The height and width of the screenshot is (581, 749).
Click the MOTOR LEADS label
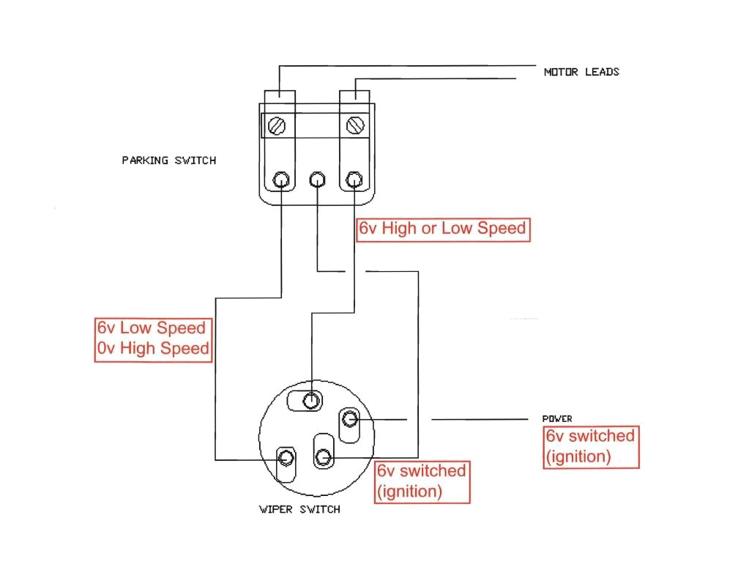pyautogui.click(x=581, y=72)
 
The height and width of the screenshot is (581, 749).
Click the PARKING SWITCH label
pyautogui.click(x=168, y=160)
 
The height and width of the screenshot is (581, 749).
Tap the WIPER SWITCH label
pyautogui.click(x=299, y=509)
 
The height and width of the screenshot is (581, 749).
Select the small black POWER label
pyautogui.click(x=557, y=419)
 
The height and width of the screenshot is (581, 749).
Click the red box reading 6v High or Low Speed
pyautogui.click(x=442, y=229)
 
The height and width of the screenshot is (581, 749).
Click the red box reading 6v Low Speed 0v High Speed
pyautogui.click(x=152, y=338)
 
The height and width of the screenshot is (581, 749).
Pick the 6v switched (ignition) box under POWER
pyautogui.click(x=590, y=446)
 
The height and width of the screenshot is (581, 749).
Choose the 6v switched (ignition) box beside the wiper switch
pyautogui.click(x=421, y=481)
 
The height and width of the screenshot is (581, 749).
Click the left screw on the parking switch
pyautogui.click(x=277, y=125)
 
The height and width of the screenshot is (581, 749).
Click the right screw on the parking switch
pyautogui.click(x=356, y=125)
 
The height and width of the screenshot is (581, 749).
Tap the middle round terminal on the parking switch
pyautogui.click(x=317, y=180)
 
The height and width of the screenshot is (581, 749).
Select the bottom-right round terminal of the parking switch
pyautogui.click(x=354, y=180)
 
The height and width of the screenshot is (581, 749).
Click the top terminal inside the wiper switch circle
pyautogui.click(x=312, y=400)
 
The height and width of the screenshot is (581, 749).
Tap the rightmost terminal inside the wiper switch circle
pyautogui.click(x=349, y=419)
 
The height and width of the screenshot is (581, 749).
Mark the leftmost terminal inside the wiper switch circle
pyautogui.click(x=286, y=459)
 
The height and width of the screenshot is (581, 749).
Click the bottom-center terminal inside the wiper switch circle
pyautogui.click(x=324, y=458)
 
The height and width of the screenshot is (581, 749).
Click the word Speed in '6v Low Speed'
pyautogui.click(x=181, y=327)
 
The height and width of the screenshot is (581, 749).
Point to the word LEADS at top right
pyautogui.click(x=602, y=72)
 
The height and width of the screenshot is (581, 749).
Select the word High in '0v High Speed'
pyautogui.click(x=144, y=349)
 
